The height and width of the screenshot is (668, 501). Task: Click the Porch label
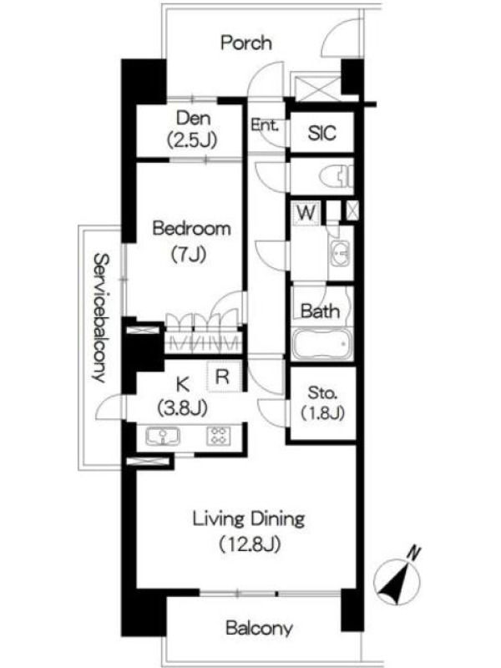(x=246, y=43)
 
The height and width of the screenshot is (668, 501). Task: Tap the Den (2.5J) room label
(x=193, y=129)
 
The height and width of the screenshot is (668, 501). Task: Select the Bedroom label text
(x=192, y=229)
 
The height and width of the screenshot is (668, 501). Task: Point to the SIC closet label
(x=321, y=133)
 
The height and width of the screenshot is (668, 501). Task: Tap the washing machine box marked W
(x=306, y=213)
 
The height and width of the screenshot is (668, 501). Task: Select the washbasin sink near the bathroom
(x=341, y=254)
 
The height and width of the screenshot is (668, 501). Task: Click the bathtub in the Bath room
(x=321, y=344)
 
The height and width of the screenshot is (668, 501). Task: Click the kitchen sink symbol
(x=162, y=437)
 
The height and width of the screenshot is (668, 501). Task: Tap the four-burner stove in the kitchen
(x=219, y=436)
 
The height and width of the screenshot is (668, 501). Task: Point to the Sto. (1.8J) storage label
(x=322, y=402)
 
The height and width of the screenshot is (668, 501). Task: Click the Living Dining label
(x=249, y=519)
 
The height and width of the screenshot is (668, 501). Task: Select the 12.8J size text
(x=250, y=544)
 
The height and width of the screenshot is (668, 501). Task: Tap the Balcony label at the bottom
(x=259, y=628)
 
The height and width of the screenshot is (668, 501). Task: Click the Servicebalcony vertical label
(x=101, y=318)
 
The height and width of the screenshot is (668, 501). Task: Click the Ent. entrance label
(x=264, y=124)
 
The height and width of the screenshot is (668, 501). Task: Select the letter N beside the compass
(x=412, y=554)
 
